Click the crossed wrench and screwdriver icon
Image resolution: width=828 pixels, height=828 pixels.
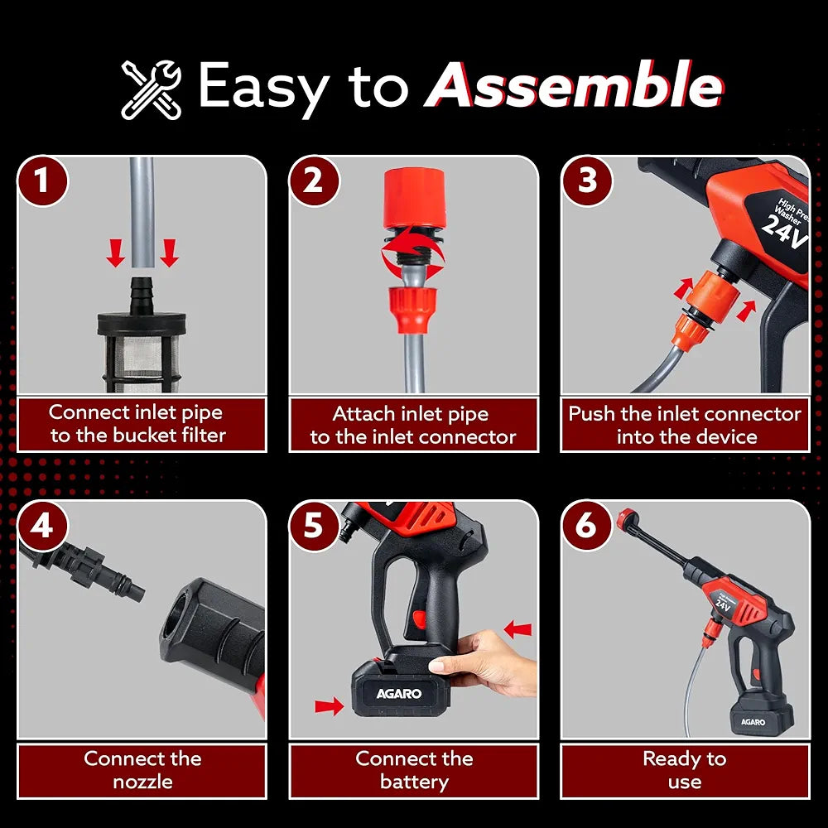[151, 89]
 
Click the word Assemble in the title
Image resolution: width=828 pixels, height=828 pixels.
[574, 85]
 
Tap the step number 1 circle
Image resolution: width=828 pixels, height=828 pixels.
[42, 181]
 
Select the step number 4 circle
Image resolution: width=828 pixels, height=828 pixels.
[42, 526]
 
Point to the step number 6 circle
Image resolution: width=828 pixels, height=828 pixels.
[586, 526]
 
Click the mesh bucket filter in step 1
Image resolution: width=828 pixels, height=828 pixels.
[142, 350]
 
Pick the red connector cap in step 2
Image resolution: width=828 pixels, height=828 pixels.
[414, 198]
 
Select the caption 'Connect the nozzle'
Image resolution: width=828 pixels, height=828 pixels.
[142, 770]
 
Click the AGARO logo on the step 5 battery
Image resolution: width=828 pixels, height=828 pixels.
[399, 693]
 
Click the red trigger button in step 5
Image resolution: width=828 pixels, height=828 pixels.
[419, 619]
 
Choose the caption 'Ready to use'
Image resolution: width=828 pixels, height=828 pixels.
[685, 770]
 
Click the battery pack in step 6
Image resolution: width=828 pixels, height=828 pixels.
[761, 714]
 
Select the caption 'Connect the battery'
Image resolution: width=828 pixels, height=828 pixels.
[414, 770]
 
